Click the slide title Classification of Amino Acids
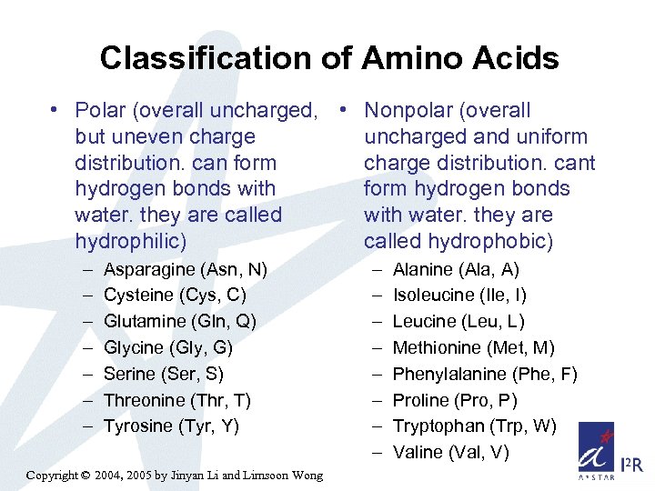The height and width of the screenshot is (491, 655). pos(328,59)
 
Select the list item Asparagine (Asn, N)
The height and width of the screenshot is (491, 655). pos(186,269)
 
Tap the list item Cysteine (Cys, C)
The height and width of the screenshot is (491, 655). pos(175,296)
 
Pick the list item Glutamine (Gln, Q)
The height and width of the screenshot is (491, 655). pos(180,321)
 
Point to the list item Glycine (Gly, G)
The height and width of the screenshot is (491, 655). pos(168,347)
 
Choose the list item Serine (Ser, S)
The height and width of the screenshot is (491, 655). pos(164,374)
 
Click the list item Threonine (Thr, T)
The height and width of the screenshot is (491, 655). pos(177,400)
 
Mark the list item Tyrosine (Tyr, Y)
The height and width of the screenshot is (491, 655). pos(171,426)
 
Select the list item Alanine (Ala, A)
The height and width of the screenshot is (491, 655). pos(456,269)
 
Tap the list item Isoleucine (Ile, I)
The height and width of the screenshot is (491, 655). pos(459,296)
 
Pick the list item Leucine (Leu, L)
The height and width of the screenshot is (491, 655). pos(458,321)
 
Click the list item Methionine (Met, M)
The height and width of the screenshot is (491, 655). pos(474,347)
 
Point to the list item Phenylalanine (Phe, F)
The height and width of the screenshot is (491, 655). pos(485,374)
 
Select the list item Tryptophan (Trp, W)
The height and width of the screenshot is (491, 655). pos(474,426)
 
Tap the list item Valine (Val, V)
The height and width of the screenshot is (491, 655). pos(450,452)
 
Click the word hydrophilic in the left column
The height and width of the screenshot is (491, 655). pos(128,242)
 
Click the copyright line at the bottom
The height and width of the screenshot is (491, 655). pos(175,476)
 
